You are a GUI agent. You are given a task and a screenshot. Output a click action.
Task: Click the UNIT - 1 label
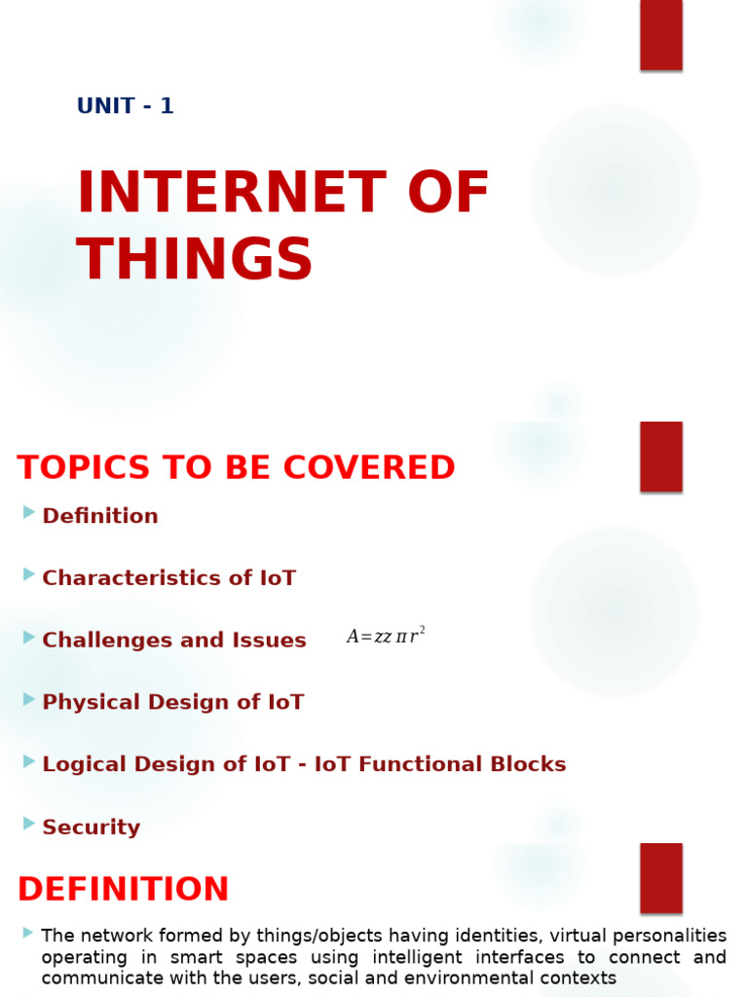coord(125,106)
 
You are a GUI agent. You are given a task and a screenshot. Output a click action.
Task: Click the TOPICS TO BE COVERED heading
coord(236,468)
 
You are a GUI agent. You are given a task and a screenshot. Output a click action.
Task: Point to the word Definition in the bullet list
coord(99,516)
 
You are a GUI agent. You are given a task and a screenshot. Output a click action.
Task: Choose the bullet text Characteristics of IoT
coord(168,578)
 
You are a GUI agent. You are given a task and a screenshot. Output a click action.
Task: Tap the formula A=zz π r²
coord(386,637)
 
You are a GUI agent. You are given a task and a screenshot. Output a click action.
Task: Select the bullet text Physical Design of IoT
coord(172,702)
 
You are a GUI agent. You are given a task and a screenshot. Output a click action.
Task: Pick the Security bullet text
coord(91,828)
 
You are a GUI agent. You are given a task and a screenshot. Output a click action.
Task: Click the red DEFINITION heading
coord(123,889)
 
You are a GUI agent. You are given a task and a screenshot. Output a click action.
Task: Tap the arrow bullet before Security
coord(29,824)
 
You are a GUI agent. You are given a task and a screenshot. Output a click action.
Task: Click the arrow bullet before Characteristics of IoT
coord(29,574)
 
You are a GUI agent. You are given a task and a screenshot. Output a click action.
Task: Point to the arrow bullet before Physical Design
coord(29,699)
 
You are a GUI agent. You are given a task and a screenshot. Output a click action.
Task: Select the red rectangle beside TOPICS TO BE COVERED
coord(660,456)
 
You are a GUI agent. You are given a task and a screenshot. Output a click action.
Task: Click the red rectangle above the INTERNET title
coord(660,34)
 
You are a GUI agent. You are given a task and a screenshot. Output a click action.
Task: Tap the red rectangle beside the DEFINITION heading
coord(660,877)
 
